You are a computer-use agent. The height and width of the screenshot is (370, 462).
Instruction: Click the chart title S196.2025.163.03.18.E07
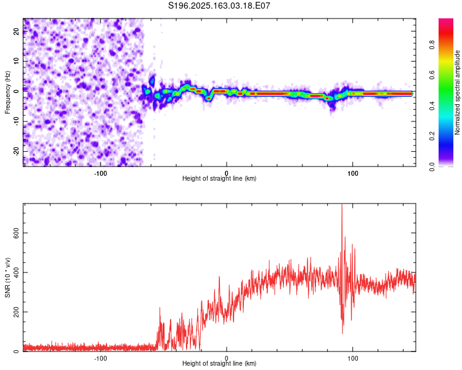(x=219, y=6)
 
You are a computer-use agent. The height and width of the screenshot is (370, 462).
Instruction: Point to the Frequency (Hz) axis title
(x=7, y=92)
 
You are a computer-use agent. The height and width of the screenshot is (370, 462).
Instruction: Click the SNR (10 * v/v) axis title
(x=7, y=277)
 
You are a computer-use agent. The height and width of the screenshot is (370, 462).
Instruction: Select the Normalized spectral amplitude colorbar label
(x=457, y=92)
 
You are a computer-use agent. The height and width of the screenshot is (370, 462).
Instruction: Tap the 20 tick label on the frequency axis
(x=17, y=31)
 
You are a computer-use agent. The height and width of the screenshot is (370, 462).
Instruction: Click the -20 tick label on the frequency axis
(x=17, y=151)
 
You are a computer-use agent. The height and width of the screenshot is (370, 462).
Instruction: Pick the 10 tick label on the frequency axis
(x=17, y=61)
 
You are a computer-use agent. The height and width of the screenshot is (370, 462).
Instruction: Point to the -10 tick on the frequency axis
(x=17, y=121)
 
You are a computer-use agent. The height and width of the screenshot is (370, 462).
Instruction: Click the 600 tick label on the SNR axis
(x=17, y=233)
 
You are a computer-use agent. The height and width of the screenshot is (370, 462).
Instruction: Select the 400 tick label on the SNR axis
(x=17, y=273)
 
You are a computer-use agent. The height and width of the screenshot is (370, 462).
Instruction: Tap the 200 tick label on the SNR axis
(x=17, y=312)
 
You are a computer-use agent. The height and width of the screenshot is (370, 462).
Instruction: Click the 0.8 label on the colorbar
(x=432, y=45)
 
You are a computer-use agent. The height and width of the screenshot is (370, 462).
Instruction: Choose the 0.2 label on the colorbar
(x=432, y=136)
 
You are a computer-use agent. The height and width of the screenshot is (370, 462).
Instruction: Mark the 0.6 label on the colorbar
(x=432, y=75)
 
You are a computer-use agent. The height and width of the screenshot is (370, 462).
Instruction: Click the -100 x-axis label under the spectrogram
(x=100, y=173)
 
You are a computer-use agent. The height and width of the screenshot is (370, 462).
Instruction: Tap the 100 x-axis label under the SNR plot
(x=353, y=358)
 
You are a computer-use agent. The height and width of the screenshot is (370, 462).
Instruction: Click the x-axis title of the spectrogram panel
(x=219, y=178)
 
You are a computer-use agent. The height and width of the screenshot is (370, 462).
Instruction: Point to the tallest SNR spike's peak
(x=342, y=204)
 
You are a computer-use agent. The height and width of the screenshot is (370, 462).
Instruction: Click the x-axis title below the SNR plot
(x=219, y=363)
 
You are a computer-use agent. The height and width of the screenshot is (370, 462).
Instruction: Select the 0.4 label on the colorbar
(x=432, y=105)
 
